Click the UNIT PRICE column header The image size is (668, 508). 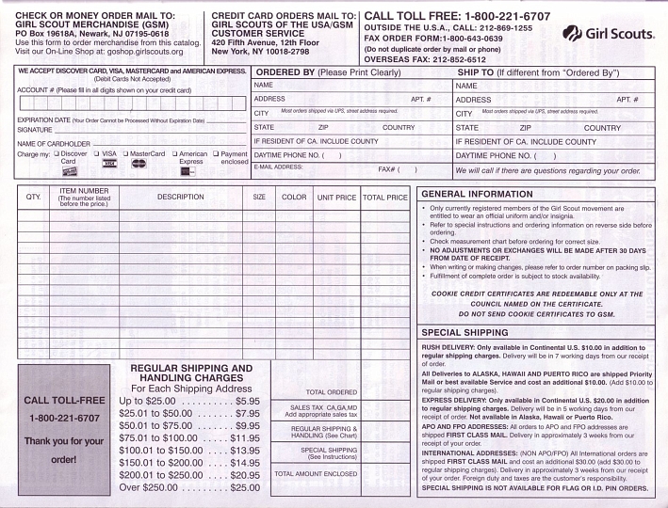tap(336, 198)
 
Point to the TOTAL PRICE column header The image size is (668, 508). tap(384, 198)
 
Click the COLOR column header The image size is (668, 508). tap(294, 198)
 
